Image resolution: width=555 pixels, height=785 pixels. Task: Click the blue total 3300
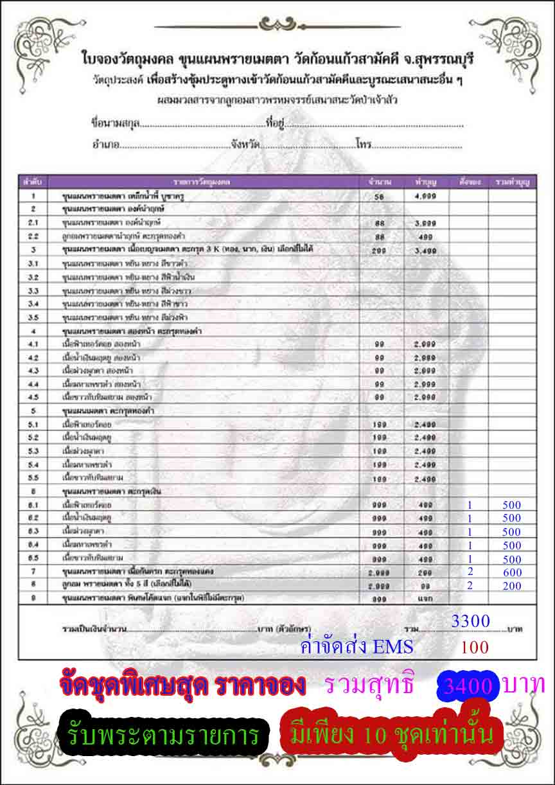tap(471, 621)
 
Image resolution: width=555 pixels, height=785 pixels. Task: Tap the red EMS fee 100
tap(475, 648)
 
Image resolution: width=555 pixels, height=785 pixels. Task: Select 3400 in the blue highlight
tap(467, 687)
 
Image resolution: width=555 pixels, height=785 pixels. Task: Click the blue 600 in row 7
tap(512, 572)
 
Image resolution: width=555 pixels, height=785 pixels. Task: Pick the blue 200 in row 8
tap(512, 586)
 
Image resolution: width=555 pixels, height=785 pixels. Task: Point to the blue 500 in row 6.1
tap(512, 506)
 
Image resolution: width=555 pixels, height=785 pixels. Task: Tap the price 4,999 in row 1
tap(426, 196)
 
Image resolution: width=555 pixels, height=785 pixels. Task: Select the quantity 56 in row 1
tap(379, 196)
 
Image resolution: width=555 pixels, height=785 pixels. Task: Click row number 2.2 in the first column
tap(33, 236)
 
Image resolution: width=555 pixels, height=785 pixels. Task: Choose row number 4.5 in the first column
tap(33, 397)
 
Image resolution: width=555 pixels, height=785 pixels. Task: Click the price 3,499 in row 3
tap(426, 250)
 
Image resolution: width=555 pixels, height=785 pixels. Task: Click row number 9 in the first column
tap(33, 598)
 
